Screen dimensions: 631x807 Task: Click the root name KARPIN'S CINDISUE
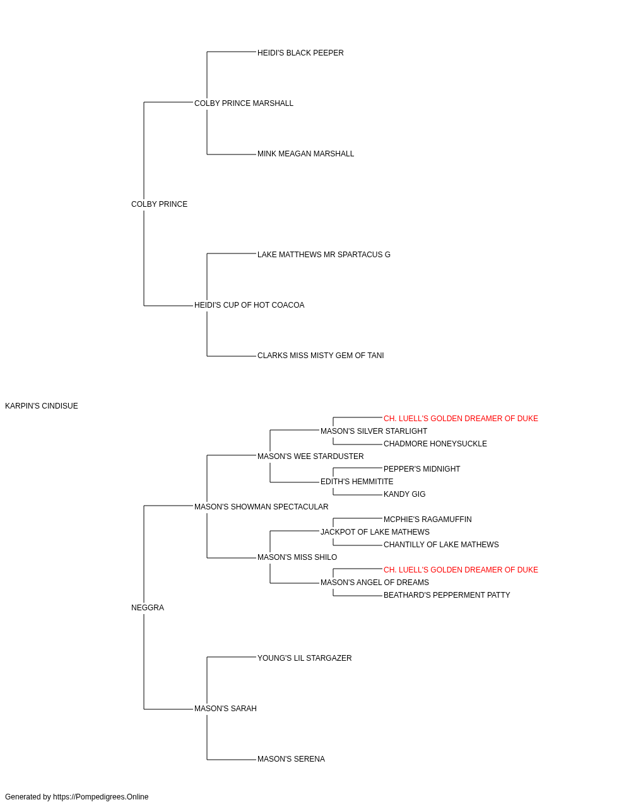pyautogui.click(x=42, y=406)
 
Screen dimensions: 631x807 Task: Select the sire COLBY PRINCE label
pyautogui.click(x=160, y=204)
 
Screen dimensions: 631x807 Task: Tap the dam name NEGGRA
pyautogui.click(x=148, y=608)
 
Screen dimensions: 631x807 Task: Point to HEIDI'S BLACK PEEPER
pyautogui.click(x=300, y=53)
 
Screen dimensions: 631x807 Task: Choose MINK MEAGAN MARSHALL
pyautogui.click(x=306, y=154)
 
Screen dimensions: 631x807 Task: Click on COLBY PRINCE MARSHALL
pyautogui.click(x=244, y=103)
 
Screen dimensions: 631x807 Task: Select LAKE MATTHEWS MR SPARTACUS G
pyautogui.click(x=324, y=254)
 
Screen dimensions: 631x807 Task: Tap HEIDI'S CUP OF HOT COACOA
pyautogui.click(x=249, y=305)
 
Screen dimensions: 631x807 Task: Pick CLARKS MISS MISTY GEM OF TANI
pyautogui.click(x=321, y=356)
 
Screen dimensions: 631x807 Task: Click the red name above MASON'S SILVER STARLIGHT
pyautogui.click(x=461, y=419)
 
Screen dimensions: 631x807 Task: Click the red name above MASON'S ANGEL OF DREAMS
pyautogui.click(x=461, y=570)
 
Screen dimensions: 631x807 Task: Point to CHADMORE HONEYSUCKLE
pyautogui.click(x=435, y=444)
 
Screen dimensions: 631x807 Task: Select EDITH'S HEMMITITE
pyautogui.click(x=357, y=482)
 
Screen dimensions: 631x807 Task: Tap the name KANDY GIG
pyautogui.click(x=404, y=494)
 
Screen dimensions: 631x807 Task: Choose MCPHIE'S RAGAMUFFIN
pyautogui.click(x=428, y=520)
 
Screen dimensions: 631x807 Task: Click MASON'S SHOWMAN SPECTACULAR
pyautogui.click(x=261, y=507)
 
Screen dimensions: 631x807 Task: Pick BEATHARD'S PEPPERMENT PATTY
pyautogui.click(x=447, y=595)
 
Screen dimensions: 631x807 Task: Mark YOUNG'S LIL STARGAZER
pyautogui.click(x=305, y=658)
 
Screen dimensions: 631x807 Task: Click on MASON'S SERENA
pyautogui.click(x=292, y=759)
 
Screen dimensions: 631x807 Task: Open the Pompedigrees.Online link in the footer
pyautogui.click(x=101, y=797)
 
